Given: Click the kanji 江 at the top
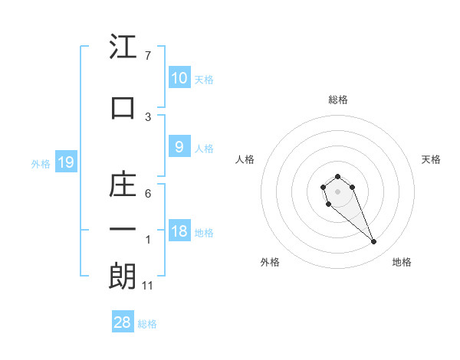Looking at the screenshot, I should pyautogui.click(x=123, y=47).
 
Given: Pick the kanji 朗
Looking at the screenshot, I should pyautogui.click(x=123, y=277).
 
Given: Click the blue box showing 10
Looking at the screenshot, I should pyautogui.click(x=179, y=77).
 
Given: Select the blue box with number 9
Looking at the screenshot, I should pyautogui.click(x=179, y=147).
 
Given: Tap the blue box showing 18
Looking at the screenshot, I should pyautogui.click(x=179, y=231).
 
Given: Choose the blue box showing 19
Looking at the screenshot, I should pyautogui.click(x=65, y=162).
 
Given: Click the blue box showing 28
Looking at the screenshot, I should pyautogui.click(x=123, y=322).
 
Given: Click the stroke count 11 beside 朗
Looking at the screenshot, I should pyautogui.click(x=148, y=286).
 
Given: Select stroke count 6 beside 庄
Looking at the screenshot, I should pyautogui.click(x=148, y=194).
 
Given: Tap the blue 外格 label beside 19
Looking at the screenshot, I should pyautogui.click(x=41, y=163).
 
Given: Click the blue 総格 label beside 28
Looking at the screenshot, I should pyautogui.click(x=147, y=324).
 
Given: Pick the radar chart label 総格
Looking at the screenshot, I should pyautogui.click(x=338, y=100).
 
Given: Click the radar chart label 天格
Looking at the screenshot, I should pyautogui.click(x=432, y=159).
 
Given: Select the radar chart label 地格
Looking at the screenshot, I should pyautogui.click(x=402, y=262).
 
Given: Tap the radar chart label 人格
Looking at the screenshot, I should pyautogui.click(x=245, y=159).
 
